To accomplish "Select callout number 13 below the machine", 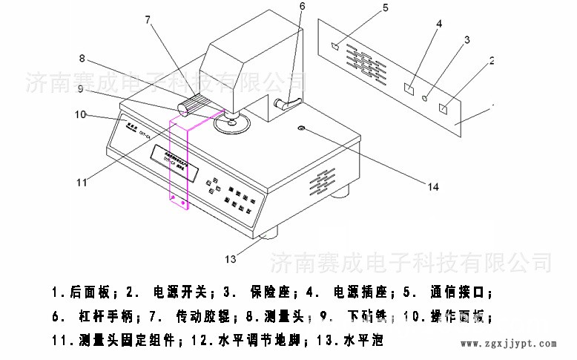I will click(230, 259).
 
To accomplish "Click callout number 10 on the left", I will click(80, 114).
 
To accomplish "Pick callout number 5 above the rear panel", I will click(385, 8).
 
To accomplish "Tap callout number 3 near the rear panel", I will click(466, 39).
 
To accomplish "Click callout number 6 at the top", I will click(302, 7).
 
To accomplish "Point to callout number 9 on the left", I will click(88, 90).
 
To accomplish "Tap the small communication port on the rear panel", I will click(334, 46).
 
